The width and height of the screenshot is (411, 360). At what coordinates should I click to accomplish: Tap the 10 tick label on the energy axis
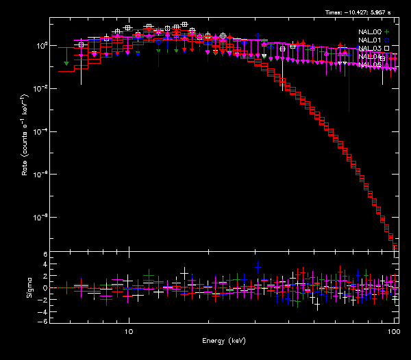click(x=128, y=331)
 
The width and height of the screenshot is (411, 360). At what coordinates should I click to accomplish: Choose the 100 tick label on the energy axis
click(x=393, y=331)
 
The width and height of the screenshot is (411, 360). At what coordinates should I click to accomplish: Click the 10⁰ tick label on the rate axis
click(x=39, y=45)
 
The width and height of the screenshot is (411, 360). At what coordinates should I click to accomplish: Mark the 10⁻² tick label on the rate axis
click(x=39, y=88)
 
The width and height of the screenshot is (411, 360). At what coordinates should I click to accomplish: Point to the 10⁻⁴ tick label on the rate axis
click(x=39, y=131)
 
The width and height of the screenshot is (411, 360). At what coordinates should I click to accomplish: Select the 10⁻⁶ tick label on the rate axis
click(x=39, y=175)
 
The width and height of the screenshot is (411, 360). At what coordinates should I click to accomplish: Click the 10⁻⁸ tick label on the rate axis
click(x=39, y=218)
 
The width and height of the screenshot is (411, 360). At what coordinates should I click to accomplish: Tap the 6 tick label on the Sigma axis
click(x=44, y=255)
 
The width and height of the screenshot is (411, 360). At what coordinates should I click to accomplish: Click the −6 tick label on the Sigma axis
click(x=42, y=321)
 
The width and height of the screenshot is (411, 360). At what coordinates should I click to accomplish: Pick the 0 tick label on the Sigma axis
click(x=44, y=288)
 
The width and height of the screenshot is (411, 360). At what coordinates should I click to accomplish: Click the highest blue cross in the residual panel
click(x=258, y=266)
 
